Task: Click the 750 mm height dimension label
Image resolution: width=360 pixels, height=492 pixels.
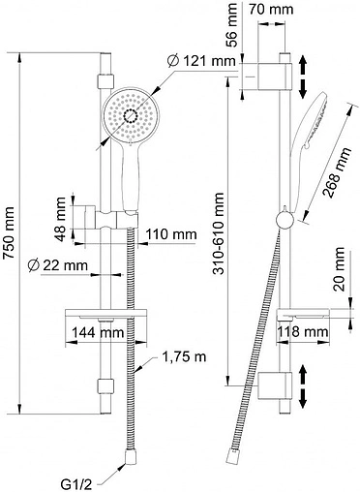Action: point(9,232)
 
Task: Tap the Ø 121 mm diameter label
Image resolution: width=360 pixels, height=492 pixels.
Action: point(202,61)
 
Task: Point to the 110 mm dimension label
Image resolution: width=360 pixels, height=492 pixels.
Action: point(170,234)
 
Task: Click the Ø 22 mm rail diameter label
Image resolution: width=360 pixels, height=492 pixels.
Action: point(58,265)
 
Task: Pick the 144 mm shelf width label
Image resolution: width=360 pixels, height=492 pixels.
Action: point(98,332)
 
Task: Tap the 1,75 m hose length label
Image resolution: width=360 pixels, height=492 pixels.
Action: point(184,356)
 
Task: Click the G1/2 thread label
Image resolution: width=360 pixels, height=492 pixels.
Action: point(76,484)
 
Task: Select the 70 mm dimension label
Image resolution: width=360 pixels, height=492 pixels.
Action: point(271,9)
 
